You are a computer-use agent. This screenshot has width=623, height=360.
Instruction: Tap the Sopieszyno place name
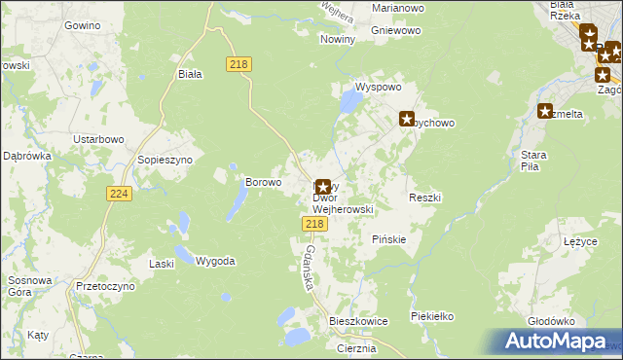point(165,159)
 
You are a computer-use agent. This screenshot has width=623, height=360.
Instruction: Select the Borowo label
point(263,182)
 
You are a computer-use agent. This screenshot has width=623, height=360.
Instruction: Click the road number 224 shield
point(119,195)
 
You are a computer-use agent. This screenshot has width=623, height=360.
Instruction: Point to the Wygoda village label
point(215,261)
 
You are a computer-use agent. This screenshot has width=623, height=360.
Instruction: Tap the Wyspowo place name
point(379,87)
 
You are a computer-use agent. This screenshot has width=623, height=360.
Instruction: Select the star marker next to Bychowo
point(407,119)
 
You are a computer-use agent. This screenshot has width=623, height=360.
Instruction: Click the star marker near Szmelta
point(544,112)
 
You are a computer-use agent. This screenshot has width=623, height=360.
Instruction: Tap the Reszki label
point(425,198)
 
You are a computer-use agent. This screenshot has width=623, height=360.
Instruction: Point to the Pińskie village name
point(388,238)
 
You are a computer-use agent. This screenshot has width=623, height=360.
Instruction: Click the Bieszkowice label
point(358,320)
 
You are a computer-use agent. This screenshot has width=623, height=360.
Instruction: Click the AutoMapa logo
point(559,342)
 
